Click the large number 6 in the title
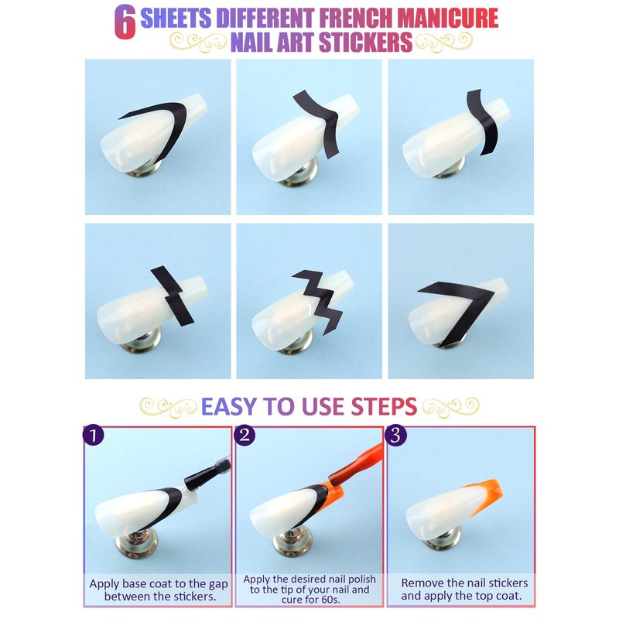pos(125,22)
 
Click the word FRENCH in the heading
pos(356,18)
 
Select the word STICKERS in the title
pos(365,43)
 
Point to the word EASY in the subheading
pos(229,407)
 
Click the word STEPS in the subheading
pos(384,407)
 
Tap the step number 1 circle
pos(94,436)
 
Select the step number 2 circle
pos(245,436)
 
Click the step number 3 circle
pos(396,436)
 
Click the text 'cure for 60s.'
pos(311,600)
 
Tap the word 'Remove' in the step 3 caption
pos(419,583)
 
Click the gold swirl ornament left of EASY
pos(168,408)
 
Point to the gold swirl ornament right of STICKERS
pos(443,43)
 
